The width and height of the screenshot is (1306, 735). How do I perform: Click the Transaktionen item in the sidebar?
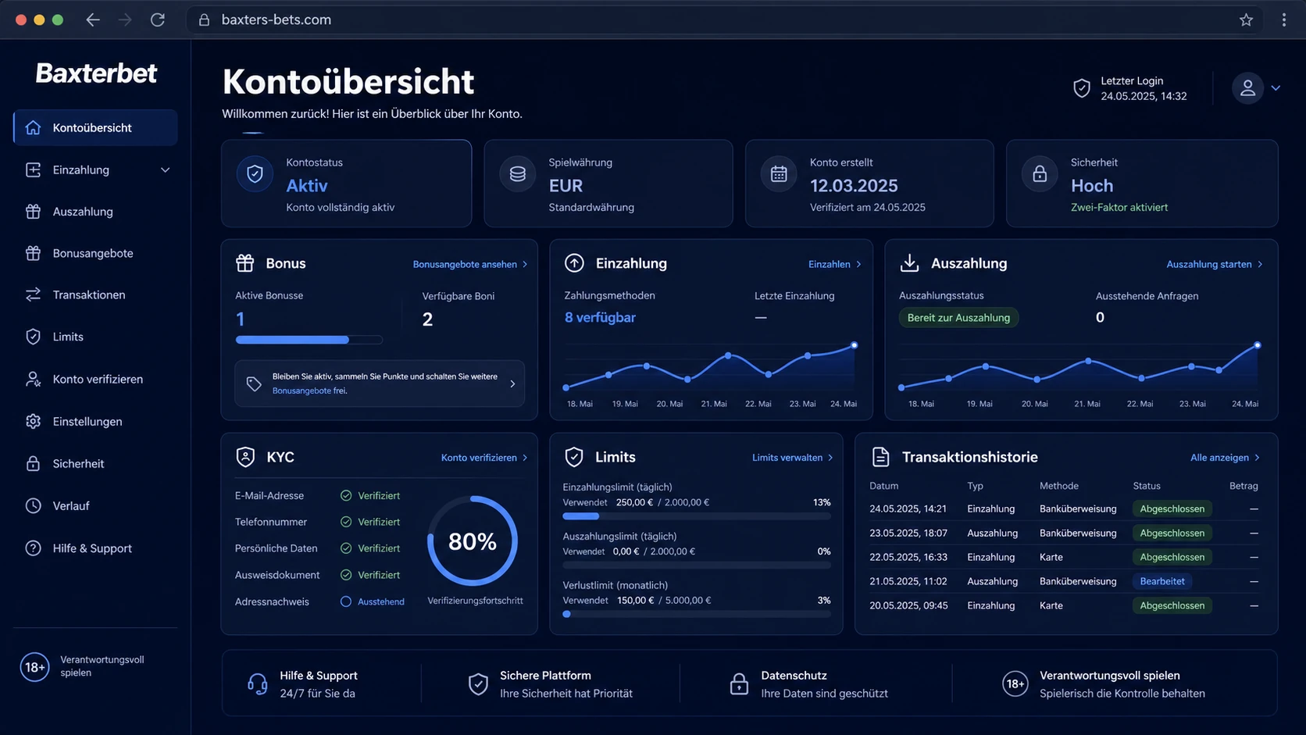88,295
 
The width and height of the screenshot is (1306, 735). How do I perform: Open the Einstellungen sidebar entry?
87,422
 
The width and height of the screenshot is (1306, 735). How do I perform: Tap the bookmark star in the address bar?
1246,20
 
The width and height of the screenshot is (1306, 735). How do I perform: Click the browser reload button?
158,20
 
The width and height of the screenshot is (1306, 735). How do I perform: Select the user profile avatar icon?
1247,88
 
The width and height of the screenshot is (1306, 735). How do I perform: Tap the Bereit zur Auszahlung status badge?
958,318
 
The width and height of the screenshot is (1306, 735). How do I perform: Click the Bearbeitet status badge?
1162,581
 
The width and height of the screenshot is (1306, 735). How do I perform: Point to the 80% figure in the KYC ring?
473,541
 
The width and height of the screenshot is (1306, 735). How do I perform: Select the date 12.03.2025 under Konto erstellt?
854,185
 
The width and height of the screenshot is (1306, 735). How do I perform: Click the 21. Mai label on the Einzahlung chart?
714,404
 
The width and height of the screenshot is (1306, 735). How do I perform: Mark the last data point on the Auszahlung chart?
1258,346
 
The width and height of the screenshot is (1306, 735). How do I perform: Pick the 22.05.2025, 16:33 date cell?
908,557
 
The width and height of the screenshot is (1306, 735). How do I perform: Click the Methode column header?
1059,486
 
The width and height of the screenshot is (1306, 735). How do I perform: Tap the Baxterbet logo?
96,73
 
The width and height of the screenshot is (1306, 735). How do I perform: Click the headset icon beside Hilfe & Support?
257,684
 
